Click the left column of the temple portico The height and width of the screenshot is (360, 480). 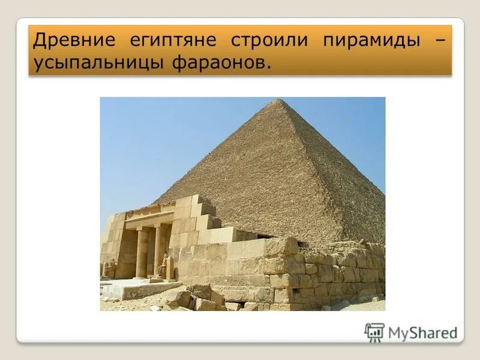(x=142, y=252)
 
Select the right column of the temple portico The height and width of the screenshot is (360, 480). (x=160, y=249)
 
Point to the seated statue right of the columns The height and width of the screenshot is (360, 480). (x=169, y=267)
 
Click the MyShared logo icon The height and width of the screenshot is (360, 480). (x=374, y=332)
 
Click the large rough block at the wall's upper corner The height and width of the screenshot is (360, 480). (x=281, y=246)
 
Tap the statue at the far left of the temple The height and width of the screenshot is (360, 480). (x=109, y=268)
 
